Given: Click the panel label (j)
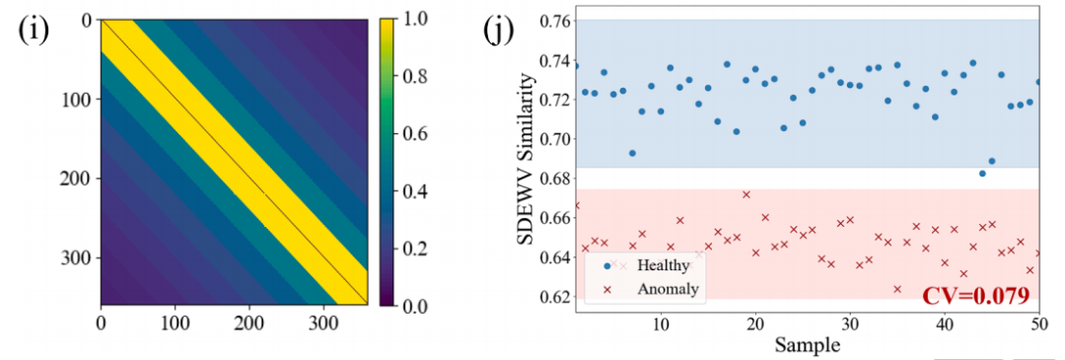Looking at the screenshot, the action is point(499,31).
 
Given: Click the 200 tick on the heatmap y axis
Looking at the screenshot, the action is point(80,180).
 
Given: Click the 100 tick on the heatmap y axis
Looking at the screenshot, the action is point(80,100).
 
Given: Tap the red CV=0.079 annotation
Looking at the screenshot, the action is point(975,295).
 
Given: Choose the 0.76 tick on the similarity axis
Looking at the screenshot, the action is point(553,21).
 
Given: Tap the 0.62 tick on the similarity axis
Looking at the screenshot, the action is point(553,298).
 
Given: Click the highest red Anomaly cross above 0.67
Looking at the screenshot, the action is point(745,194).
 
